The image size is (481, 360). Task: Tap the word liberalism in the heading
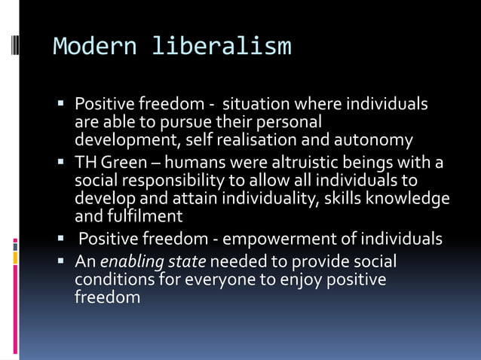[221, 47]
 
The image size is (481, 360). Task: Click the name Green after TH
[124, 163]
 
